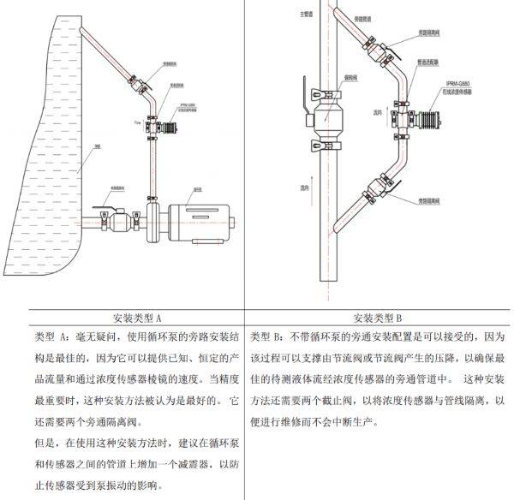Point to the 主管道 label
click(x=299, y=15)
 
